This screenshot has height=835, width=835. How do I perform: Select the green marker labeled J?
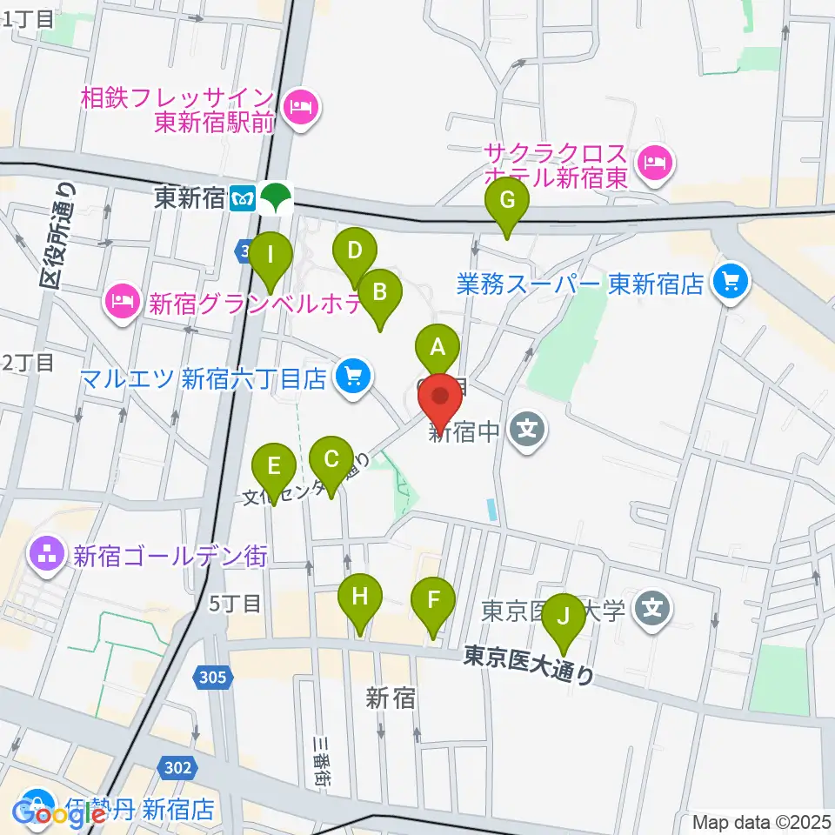pos(564,617)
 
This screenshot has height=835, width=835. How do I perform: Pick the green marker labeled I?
pos(271,257)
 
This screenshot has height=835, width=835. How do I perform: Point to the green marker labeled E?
pos(274,466)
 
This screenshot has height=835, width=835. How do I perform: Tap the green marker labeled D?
pos(354,251)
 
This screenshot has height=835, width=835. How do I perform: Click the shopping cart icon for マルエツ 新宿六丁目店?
pos(352,377)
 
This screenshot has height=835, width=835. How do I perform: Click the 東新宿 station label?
pos(190,198)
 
